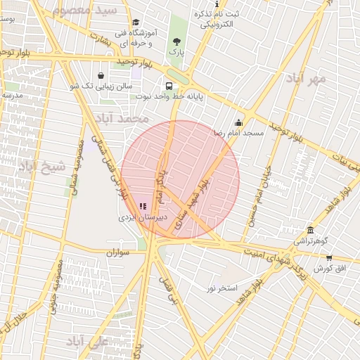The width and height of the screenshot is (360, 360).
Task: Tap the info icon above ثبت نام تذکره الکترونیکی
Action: point(216,4)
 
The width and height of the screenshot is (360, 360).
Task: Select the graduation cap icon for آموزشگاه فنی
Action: point(136,22)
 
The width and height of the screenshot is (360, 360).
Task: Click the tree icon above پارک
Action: point(176,41)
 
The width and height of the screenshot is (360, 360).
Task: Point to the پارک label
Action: point(176,52)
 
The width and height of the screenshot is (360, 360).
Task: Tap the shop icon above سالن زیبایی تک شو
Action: point(101,75)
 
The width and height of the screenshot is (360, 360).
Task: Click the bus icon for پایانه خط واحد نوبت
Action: point(169,85)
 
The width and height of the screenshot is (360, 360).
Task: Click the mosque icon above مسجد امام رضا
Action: point(238,122)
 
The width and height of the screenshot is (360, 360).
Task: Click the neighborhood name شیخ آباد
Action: point(41,167)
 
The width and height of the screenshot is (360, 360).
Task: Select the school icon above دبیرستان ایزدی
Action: point(143,206)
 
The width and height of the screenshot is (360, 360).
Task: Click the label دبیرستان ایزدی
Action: point(143,218)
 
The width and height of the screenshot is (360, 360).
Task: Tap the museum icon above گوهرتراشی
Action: point(310,230)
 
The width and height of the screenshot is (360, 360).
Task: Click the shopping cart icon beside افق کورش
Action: point(328,258)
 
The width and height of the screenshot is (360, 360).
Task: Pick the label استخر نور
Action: point(222,288)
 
